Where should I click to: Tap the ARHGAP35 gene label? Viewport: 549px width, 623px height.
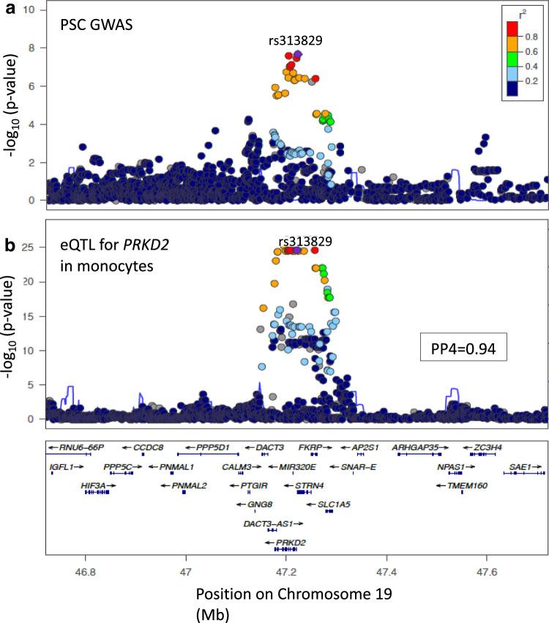click(420, 447)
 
